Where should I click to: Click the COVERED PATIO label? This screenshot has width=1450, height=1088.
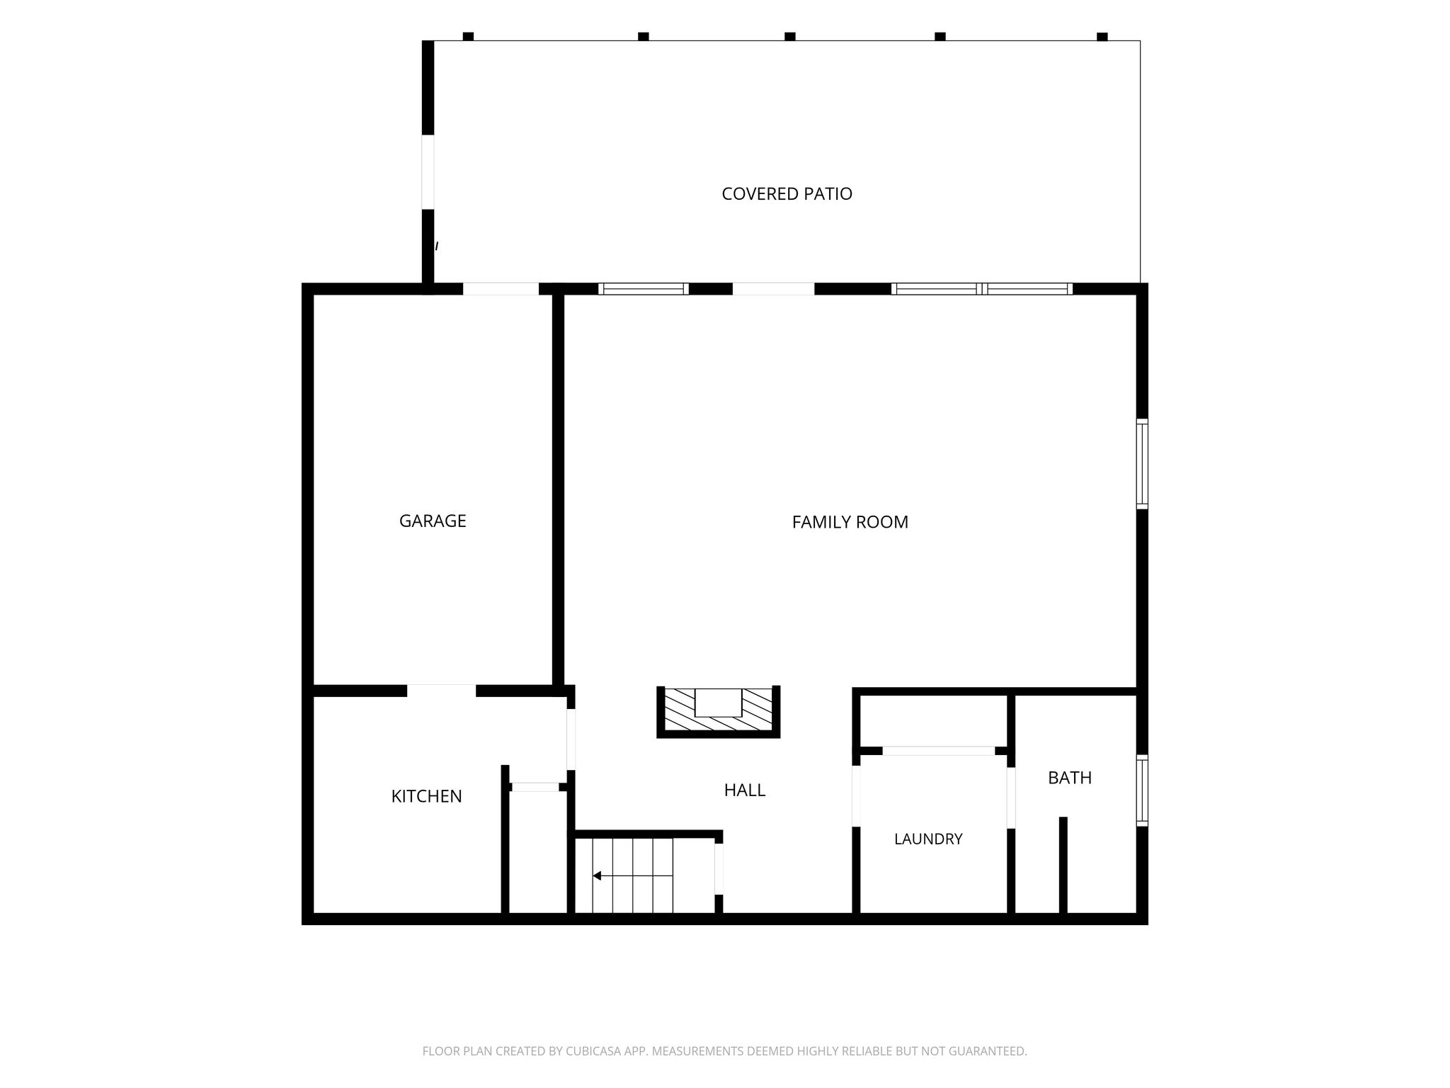[787, 193]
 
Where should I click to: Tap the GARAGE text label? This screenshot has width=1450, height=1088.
[433, 521]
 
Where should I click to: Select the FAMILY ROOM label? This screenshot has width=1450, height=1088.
[850, 522]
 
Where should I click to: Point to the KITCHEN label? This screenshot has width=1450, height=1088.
[426, 796]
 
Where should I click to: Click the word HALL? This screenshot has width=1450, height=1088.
[745, 790]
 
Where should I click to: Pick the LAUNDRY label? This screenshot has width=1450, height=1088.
[928, 839]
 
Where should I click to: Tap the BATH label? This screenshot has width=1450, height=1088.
[1070, 778]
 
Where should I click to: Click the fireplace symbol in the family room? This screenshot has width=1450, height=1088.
[718, 711]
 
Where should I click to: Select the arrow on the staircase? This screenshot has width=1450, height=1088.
[632, 876]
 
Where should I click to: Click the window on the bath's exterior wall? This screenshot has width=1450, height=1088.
[1142, 790]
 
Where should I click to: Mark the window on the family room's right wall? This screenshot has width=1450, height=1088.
[1142, 464]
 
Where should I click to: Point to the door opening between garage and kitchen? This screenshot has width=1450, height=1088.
[441, 691]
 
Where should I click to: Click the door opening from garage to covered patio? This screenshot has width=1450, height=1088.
[501, 289]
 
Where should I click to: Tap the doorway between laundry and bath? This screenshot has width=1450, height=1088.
[1011, 798]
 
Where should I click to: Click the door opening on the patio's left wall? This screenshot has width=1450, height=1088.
[428, 172]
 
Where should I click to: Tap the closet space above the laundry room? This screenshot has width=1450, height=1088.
[934, 720]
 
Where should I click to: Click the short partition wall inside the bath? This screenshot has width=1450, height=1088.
[1063, 866]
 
